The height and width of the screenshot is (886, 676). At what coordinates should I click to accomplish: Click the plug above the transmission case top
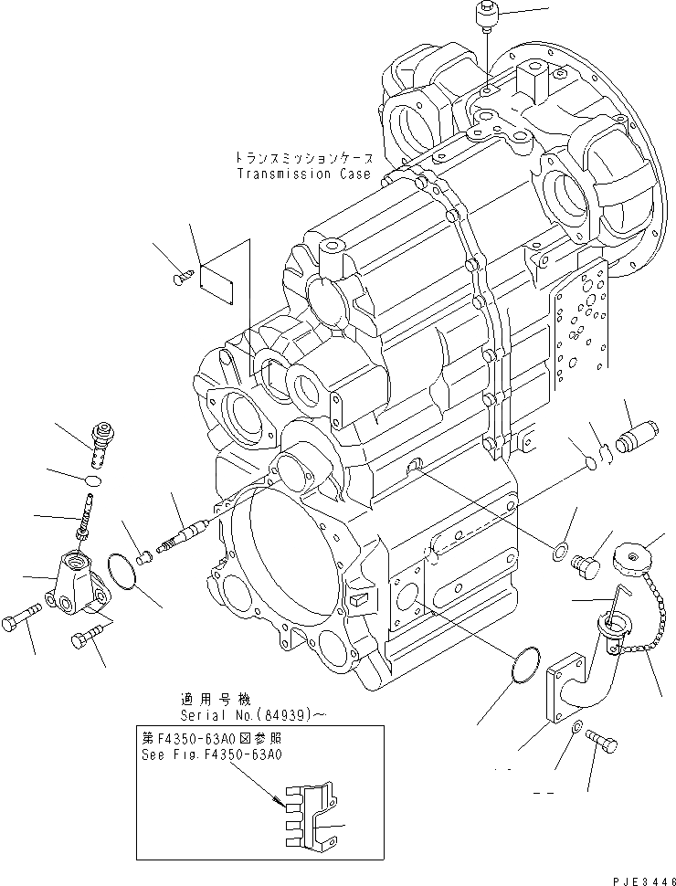coord(485,17)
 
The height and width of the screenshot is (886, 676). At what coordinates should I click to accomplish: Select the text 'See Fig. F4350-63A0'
coord(212,754)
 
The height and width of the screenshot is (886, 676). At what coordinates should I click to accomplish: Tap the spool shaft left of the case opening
coord(187,536)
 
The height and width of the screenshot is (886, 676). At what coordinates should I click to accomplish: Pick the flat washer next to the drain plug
coord(557,551)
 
